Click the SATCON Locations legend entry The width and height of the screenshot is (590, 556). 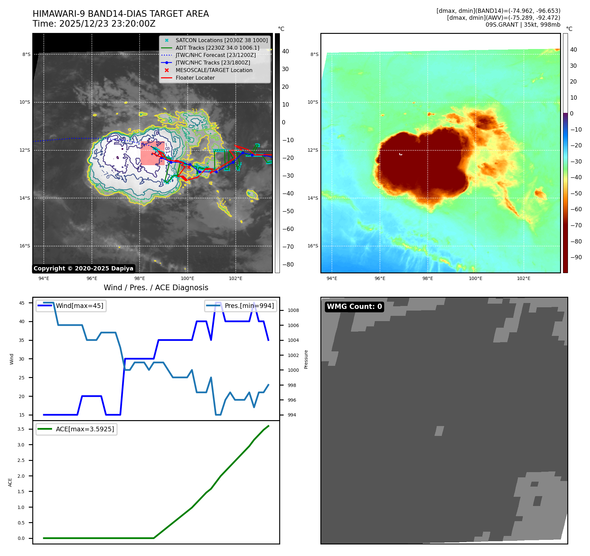221,40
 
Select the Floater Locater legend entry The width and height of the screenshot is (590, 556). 195,78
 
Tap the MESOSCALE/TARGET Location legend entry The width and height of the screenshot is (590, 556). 214,70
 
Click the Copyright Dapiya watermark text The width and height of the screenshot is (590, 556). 83,268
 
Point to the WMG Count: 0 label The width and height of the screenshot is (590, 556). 354,307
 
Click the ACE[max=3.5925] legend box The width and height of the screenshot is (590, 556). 76,429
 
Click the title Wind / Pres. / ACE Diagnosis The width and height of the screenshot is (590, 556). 156,288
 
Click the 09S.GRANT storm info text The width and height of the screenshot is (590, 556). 523,25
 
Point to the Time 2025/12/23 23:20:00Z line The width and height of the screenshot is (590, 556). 94,24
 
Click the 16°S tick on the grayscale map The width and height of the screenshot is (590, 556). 25,246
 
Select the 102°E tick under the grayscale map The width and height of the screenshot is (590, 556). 235,278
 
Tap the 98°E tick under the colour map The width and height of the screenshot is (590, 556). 428,278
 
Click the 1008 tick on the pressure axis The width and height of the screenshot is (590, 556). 293,310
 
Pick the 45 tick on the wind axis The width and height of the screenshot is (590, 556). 22,303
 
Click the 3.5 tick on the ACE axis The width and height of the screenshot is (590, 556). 21,429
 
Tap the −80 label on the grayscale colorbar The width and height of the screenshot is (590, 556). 288,265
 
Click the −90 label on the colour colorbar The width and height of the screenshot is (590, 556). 576,257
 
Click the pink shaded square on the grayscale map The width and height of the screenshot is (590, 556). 152,153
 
